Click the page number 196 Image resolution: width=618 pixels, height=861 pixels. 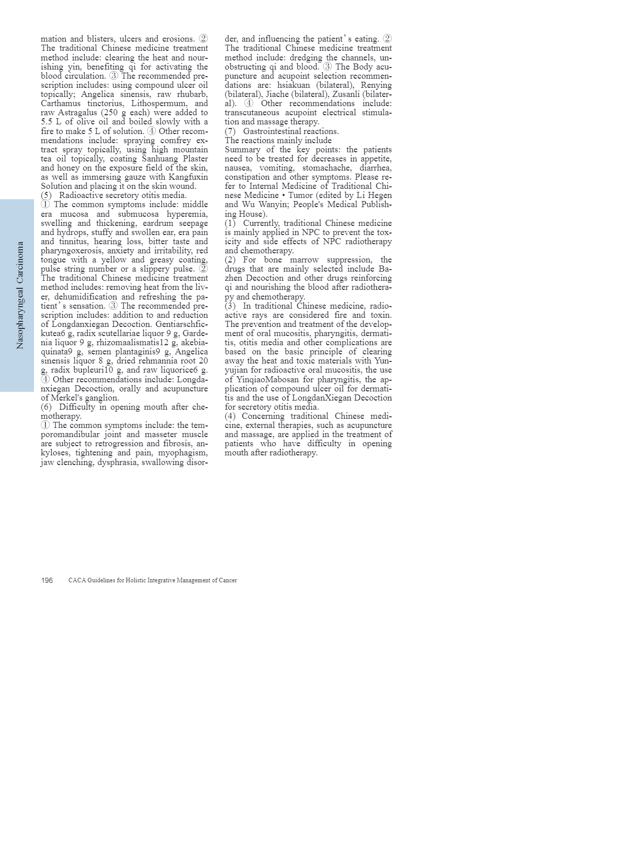[47, 580]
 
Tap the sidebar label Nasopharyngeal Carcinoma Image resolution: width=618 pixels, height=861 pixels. [20, 295]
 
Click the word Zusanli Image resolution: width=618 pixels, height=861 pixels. [346, 94]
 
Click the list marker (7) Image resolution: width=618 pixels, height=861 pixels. [230, 131]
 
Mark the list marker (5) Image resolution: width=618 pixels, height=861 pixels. [47, 195]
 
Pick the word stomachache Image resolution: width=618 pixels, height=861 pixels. [326, 168]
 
